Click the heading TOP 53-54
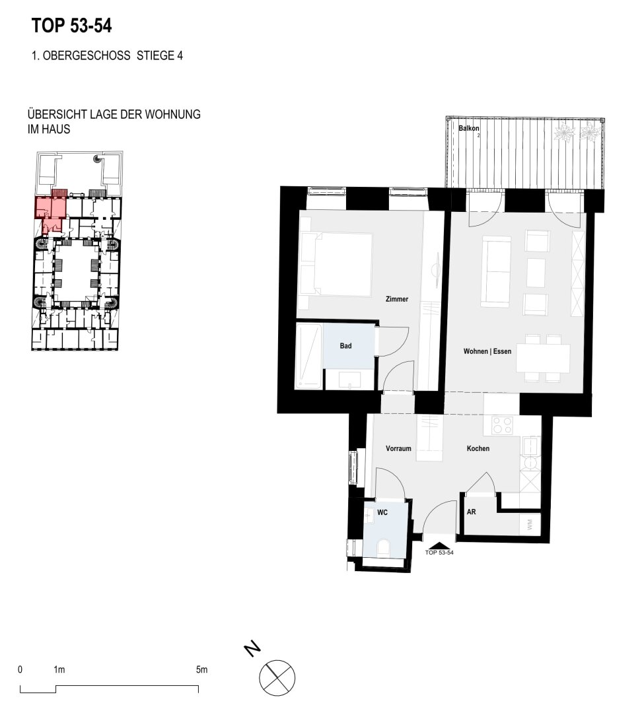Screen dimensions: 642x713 click(x=71, y=26)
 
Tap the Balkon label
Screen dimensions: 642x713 click(x=469, y=128)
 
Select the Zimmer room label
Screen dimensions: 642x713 click(x=397, y=299)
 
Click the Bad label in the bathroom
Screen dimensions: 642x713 click(x=346, y=346)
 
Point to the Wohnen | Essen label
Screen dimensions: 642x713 click(x=487, y=351)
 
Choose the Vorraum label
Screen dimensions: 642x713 click(x=398, y=448)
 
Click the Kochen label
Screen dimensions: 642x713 click(x=478, y=448)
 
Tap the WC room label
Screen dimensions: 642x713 click(x=382, y=512)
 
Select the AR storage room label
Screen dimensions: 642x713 click(x=472, y=512)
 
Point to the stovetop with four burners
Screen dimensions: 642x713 click(x=503, y=425)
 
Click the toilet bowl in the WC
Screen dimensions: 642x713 click(x=384, y=548)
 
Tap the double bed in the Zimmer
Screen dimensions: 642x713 click(x=337, y=264)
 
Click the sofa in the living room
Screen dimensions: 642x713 click(x=497, y=271)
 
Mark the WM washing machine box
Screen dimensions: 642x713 click(x=530, y=524)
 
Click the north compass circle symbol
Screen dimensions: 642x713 click(x=277, y=677)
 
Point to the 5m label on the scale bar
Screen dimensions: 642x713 click(x=201, y=670)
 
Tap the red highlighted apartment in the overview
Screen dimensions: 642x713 click(x=51, y=212)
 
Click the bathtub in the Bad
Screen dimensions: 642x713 click(x=309, y=356)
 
